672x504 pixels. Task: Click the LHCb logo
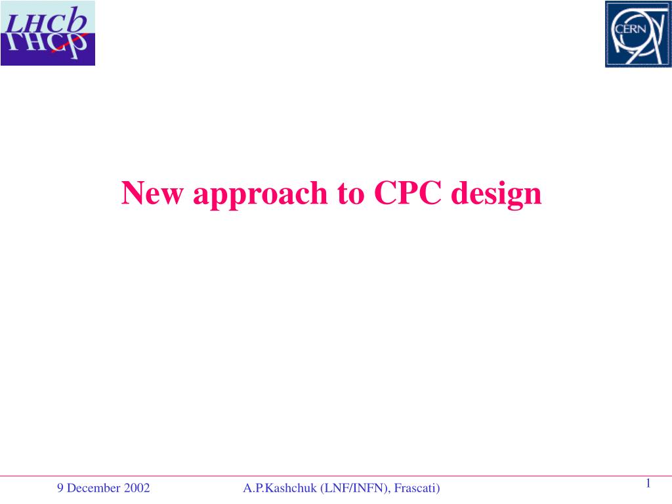point(47,33)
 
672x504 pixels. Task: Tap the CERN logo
point(638,34)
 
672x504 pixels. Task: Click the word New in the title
point(152,193)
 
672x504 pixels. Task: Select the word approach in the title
point(261,196)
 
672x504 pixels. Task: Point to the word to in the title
point(351,194)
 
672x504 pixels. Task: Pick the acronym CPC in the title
point(408,193)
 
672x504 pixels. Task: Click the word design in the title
point(496,196)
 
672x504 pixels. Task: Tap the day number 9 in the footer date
point(60,488)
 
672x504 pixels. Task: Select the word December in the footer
point(94,488)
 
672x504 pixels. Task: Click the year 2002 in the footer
point(136,488)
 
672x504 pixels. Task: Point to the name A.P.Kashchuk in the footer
point(280,488)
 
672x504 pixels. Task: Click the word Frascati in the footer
point(415,488)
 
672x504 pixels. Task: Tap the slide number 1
point(648,484)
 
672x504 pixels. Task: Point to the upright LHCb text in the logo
point(47,21)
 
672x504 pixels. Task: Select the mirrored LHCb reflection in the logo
point(47,45)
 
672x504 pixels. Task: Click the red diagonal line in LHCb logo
point(70,43)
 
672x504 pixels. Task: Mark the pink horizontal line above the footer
point(336,476)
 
